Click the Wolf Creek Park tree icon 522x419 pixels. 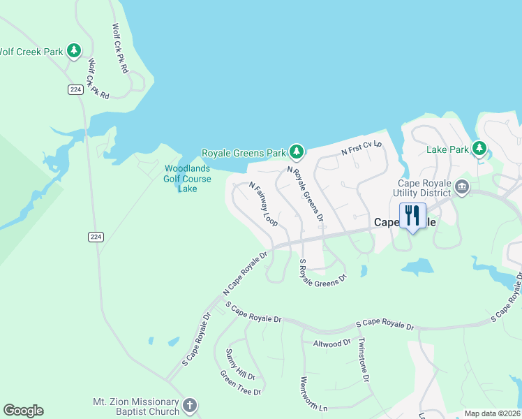[x=74, y=51]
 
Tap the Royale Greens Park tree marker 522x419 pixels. [x=297, y=151]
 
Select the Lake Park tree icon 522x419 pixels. [x=479, y=148]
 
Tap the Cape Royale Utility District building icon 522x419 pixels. [x=461, y=187]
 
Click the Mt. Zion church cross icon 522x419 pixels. [x=189, y=406]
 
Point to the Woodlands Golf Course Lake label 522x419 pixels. [x=187, y=178]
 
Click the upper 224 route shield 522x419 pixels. [x=76, y=89]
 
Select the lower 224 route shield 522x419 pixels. [x=96, y=237]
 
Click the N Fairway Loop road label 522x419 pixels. [x=264, y=204]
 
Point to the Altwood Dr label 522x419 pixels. [x=331, y=344]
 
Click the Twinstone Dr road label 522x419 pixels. [x=363, y=360]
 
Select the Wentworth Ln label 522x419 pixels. [x=313, y=395]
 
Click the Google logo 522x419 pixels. [x=23, y=411]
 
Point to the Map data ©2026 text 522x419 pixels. [x=492, y=413]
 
